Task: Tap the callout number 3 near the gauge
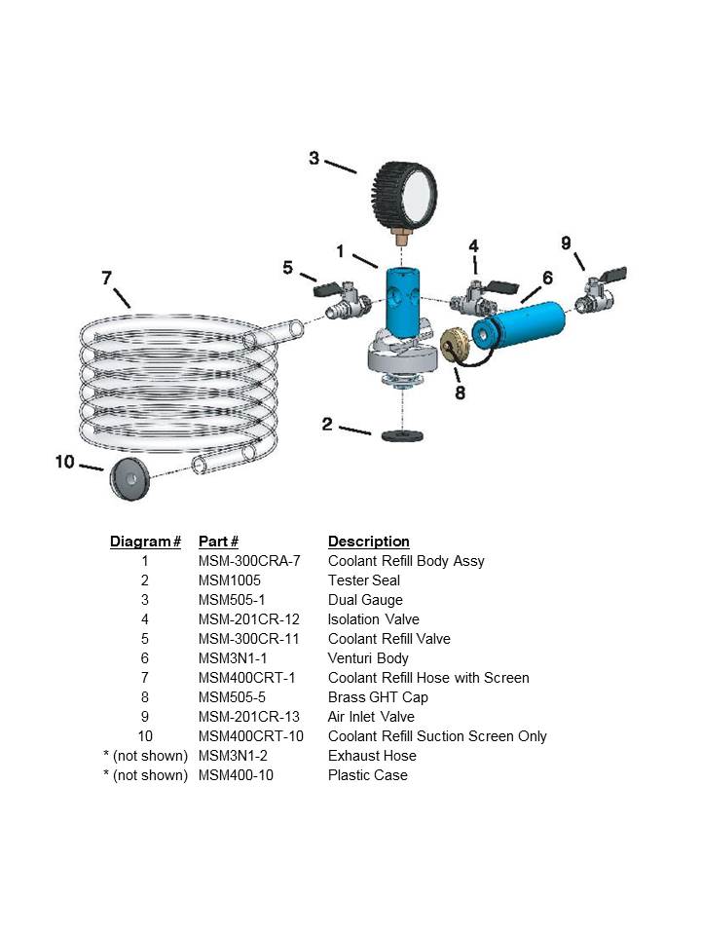click(314, 157)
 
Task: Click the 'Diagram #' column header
click(145, 542)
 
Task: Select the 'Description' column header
click(368, 542)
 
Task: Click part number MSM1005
click(229, 580)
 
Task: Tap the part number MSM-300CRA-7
click(248, 561)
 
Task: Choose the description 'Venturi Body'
click(368, 658)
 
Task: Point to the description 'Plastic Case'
click(367, 775)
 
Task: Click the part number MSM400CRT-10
click(250, 736)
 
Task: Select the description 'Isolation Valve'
click(374, 619)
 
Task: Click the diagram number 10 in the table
click(145, 736)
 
